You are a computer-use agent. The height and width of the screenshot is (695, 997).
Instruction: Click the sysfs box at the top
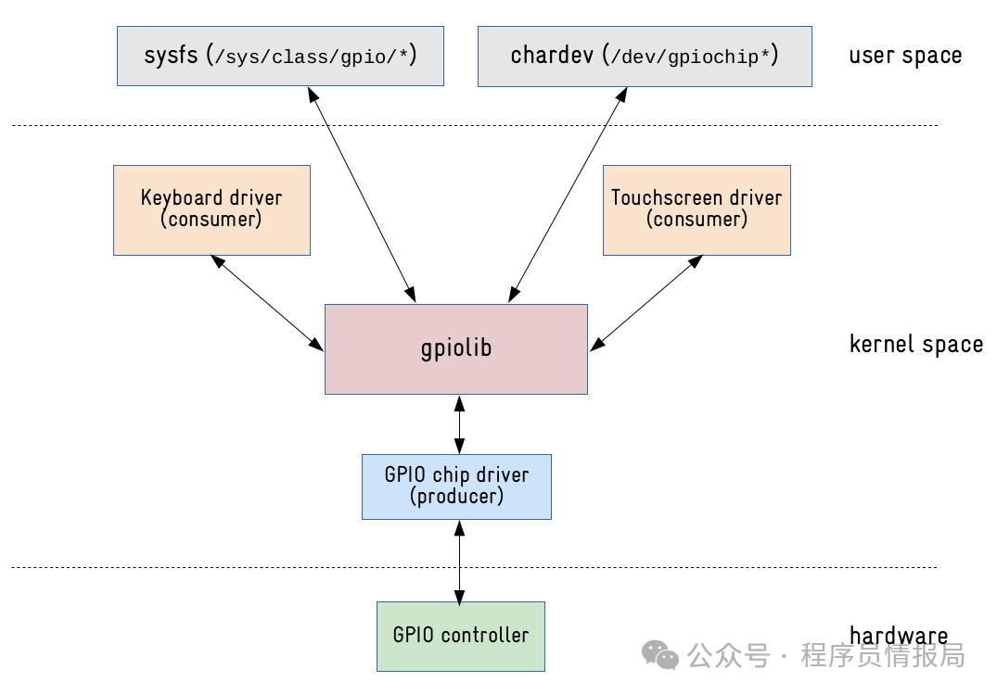point(279,56)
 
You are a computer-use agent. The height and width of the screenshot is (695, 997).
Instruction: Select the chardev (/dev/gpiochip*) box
point(644,56)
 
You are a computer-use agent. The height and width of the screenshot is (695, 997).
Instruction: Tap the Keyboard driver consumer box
point(211,209)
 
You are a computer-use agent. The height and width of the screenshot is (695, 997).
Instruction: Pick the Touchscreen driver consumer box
point(696,209)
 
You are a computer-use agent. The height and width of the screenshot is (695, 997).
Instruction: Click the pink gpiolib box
point(455,348)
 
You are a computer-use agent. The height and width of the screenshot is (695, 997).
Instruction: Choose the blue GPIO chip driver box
point(456,486)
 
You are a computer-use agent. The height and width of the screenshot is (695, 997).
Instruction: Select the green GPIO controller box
point(460,636)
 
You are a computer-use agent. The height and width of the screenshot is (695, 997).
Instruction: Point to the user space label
point(904,56)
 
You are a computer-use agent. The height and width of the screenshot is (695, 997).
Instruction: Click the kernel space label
point(915,345)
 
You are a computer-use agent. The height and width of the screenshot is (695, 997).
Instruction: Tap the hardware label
point(898,636)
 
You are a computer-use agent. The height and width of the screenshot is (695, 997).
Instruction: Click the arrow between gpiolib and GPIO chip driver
point(458,424)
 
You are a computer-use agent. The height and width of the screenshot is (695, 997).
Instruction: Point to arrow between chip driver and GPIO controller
point(458,561)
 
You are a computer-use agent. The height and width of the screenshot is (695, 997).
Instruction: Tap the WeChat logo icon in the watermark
point(661,656)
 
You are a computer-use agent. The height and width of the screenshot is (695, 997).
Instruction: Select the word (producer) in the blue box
point(456,497)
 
